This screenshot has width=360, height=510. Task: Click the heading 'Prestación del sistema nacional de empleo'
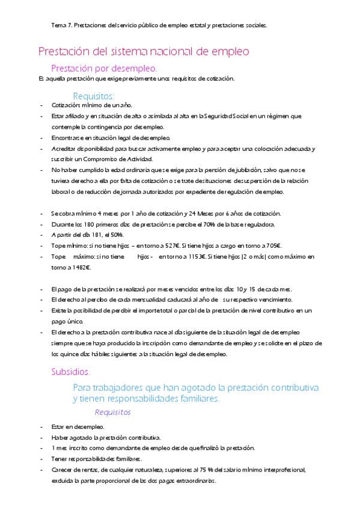pos(143,52)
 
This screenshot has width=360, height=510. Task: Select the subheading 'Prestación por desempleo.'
pos(105,69)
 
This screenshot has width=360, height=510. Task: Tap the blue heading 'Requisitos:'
pos(93,96)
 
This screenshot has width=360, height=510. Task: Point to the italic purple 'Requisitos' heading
pos(112,413)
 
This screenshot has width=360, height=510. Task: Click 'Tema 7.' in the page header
pos(62,25)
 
